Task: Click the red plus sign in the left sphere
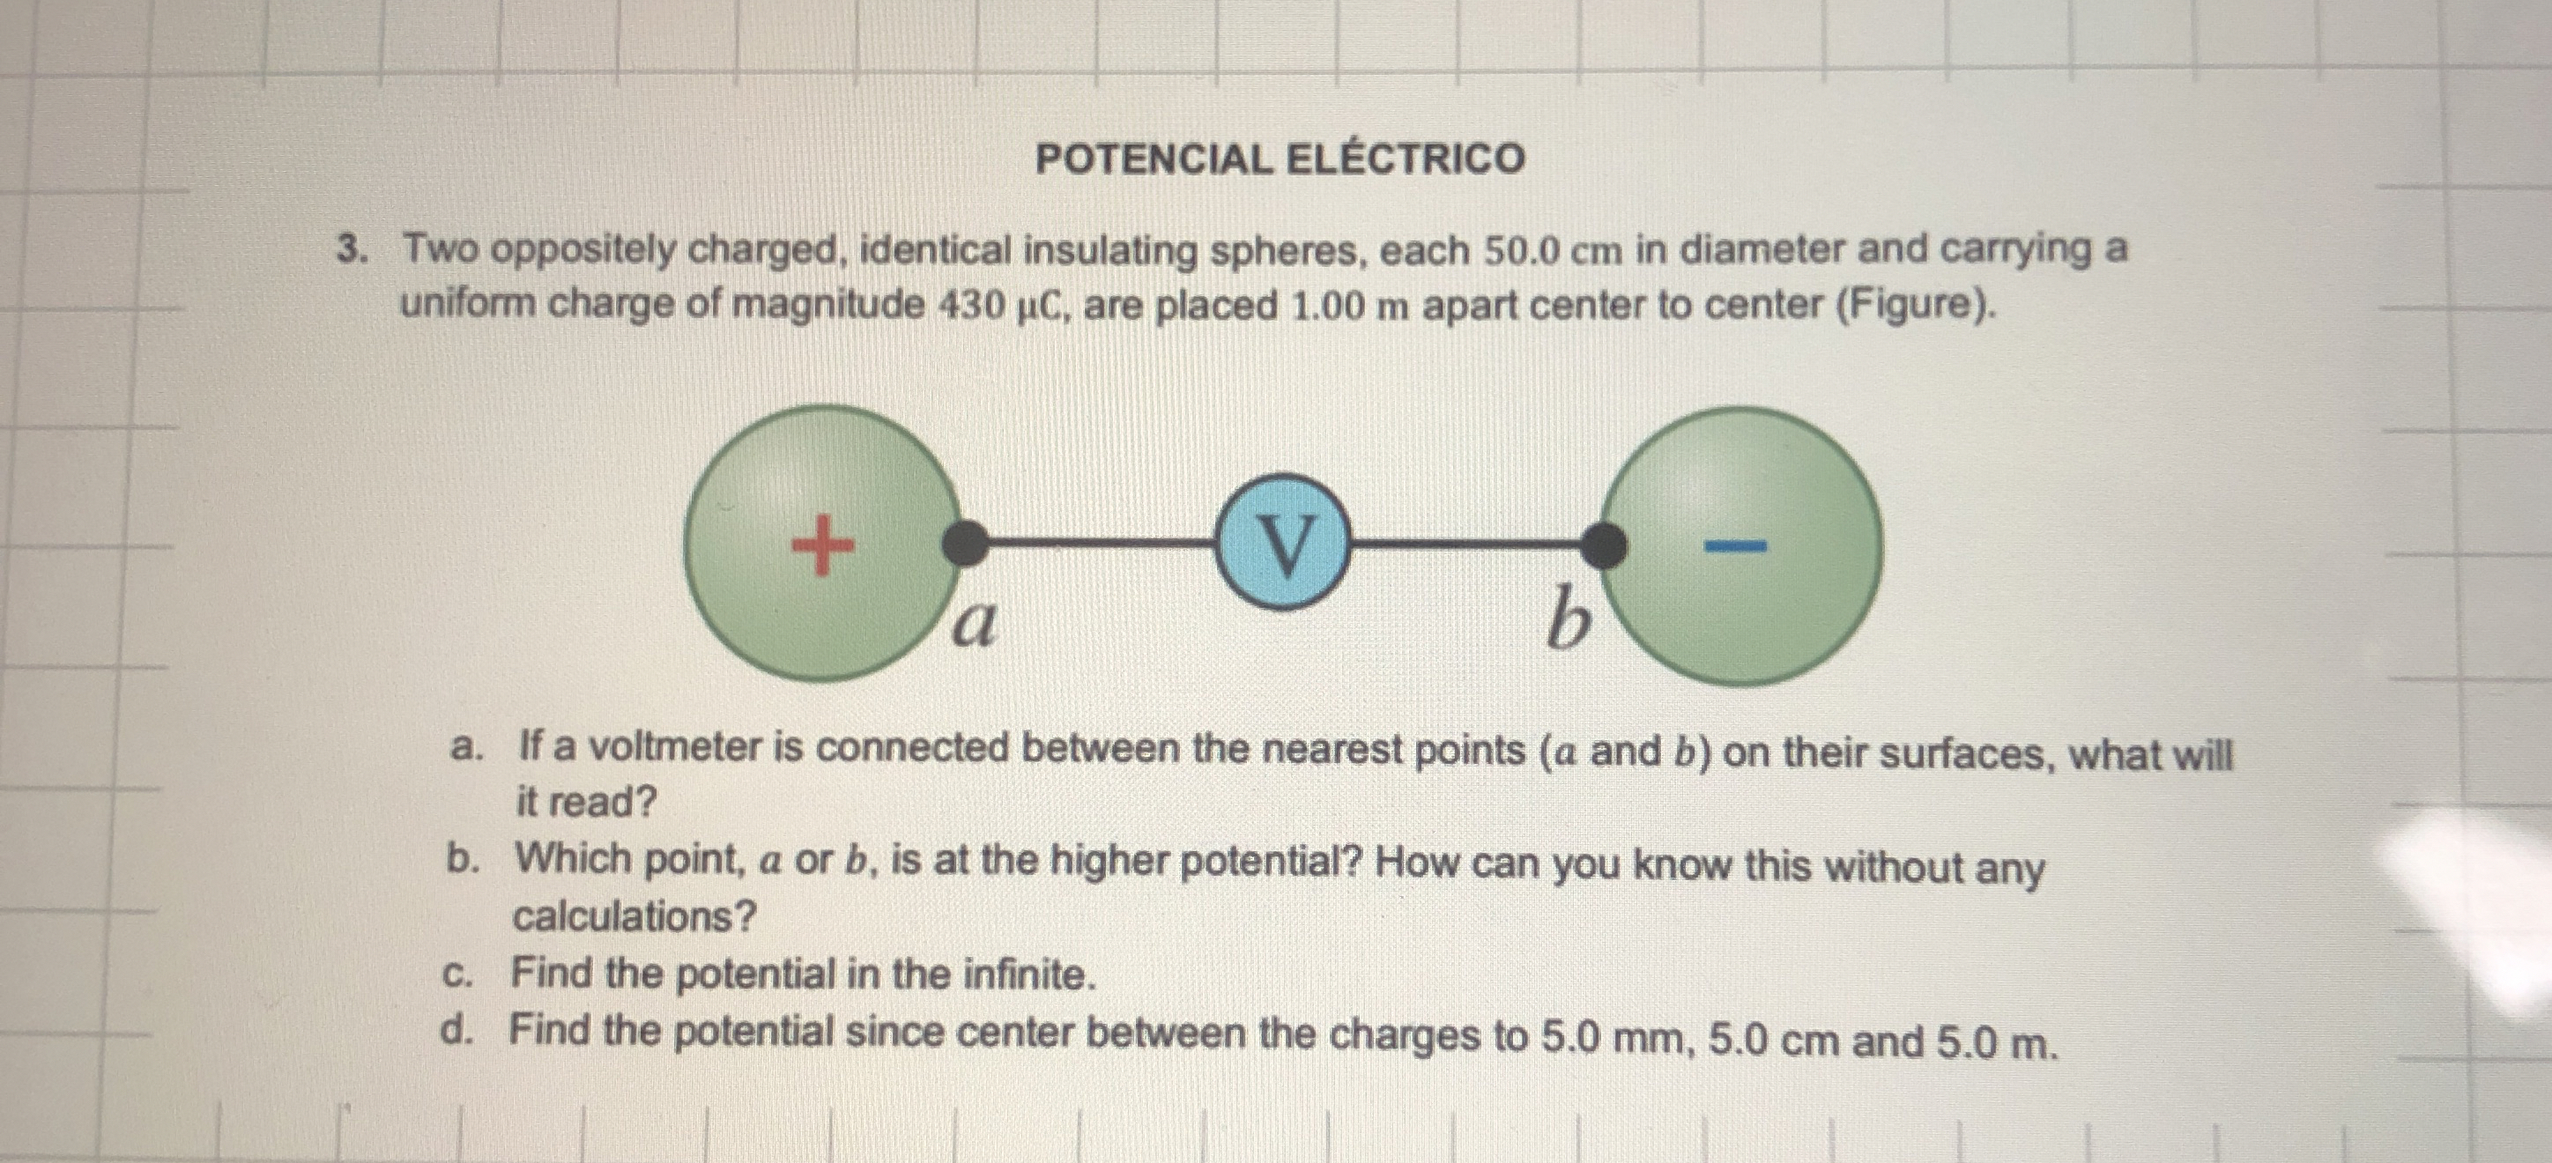(x=821, y=544)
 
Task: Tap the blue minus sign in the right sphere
(x=1733, y=544)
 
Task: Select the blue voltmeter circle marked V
(x=1284, y=543)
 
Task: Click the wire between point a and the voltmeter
(x=1100, y=543)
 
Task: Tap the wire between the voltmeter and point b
(x=1466, y=544)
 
